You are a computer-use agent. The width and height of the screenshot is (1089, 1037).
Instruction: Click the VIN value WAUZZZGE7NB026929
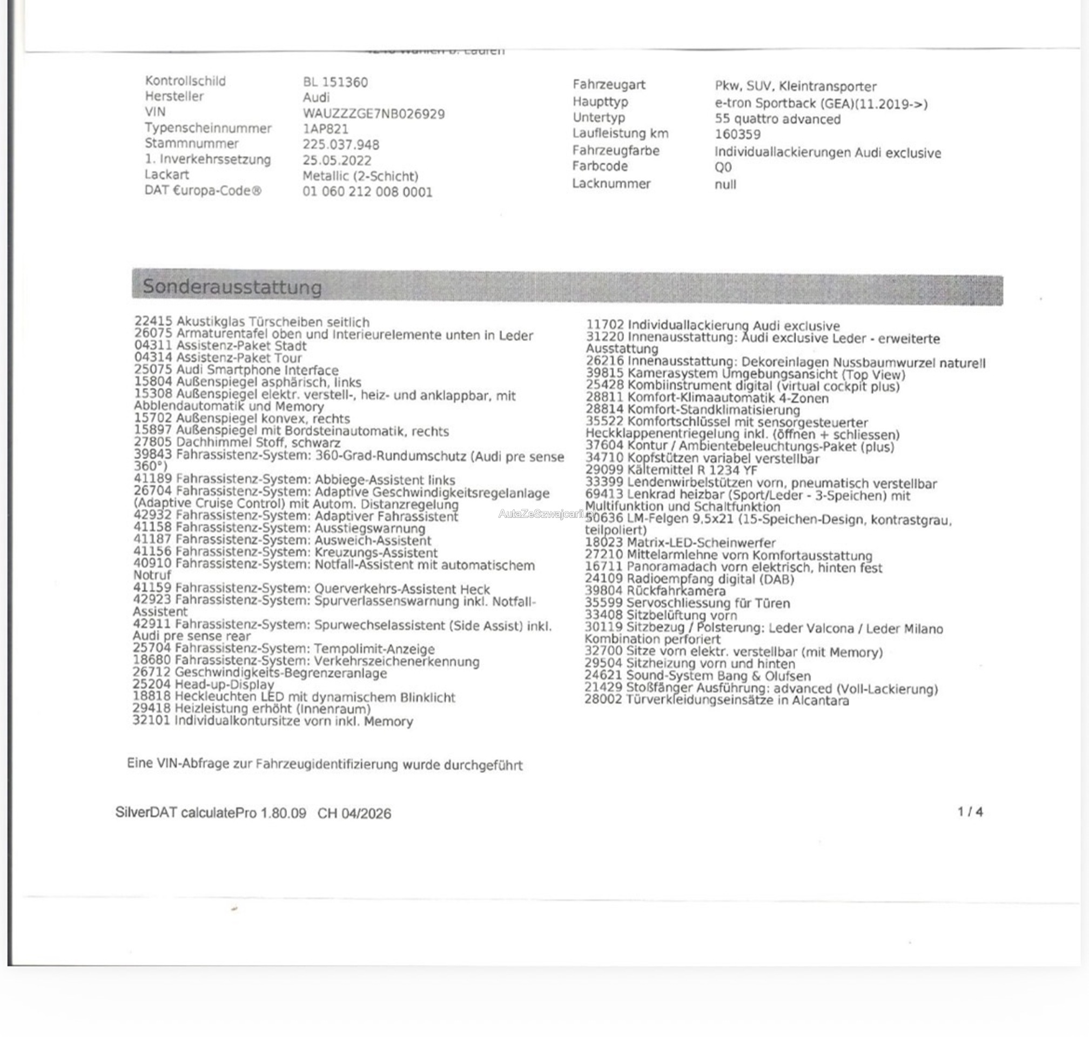click(373, 114)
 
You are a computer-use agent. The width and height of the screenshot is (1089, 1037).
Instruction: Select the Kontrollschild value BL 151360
click(335, 82)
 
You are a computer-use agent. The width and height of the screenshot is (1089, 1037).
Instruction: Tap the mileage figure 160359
click(737, 134)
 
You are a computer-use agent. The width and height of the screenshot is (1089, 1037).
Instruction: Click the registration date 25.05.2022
click(337, 161)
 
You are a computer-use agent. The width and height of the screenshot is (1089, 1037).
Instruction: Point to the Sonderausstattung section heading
click(232, 287)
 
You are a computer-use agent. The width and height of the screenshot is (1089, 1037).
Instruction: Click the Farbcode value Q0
click(723, 167)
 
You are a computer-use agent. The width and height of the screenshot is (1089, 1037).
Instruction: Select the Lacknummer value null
click(725, 184)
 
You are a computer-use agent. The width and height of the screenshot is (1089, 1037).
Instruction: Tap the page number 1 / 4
click(970, 811)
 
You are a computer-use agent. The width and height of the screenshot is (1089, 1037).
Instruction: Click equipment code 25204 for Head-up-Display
click(151, 685)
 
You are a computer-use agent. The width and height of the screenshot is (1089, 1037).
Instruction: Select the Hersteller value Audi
click(316, 98)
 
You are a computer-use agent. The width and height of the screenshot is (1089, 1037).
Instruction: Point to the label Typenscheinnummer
click(208, 128)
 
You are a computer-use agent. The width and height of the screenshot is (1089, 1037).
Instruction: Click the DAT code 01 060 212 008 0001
click(367, 192)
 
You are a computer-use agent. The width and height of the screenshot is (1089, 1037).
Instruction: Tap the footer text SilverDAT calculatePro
click(186, 812)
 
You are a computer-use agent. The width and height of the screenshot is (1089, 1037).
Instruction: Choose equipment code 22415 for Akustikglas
click(153, 321)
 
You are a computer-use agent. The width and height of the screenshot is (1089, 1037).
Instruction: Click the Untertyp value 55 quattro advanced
click(777, 119)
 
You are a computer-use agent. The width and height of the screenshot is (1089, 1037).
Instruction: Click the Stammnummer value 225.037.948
click(340, 145)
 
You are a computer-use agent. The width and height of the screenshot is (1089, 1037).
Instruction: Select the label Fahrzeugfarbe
click(615, 150)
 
